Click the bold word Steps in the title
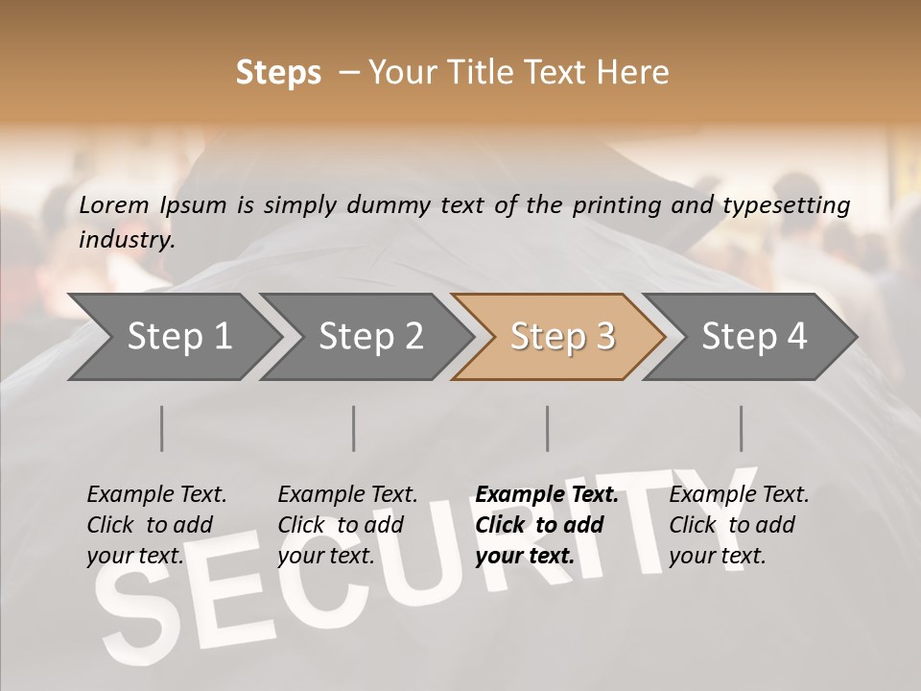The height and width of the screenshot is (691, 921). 278,73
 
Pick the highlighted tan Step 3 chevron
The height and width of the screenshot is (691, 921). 562,337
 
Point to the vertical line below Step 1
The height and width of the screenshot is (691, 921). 161,428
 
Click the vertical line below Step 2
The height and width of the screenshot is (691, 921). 354,428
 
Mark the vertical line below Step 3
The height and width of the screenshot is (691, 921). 548,428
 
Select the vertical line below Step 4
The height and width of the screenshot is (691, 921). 742,428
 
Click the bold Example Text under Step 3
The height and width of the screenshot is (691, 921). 547,495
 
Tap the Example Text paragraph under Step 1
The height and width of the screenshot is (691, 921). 156,525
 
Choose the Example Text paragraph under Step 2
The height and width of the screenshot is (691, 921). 347,525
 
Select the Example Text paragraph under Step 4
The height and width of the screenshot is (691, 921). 739,525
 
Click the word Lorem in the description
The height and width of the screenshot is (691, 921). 114,204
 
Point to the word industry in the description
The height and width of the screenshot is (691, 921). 126,240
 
